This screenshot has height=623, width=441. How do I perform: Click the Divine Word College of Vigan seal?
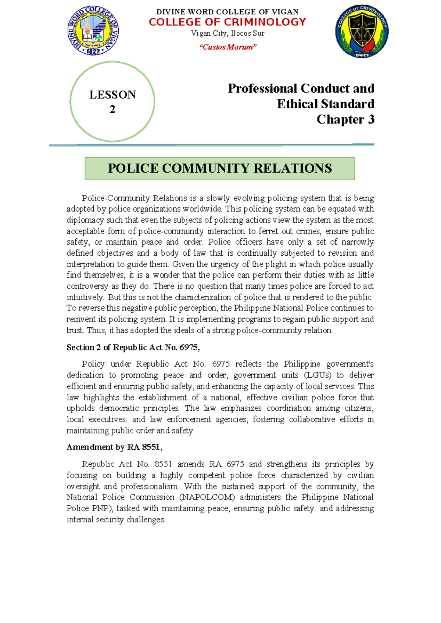(x=93, y=31)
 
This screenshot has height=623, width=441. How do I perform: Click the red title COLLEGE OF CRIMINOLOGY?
(x=227, y=22)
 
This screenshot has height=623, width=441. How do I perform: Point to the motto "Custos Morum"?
(x=227, y=47)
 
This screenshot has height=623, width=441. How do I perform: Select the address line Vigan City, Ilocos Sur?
(x=227, y=33)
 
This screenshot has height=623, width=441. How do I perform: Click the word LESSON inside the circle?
(x=112, y=95)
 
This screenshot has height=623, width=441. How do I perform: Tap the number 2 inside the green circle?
(x=112, y=109)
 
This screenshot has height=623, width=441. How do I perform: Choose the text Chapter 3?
(x=345, y=119)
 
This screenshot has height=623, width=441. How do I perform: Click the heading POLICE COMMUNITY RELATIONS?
(x=220, y=168)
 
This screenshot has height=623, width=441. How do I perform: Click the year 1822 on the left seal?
(x=93, y=51)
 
